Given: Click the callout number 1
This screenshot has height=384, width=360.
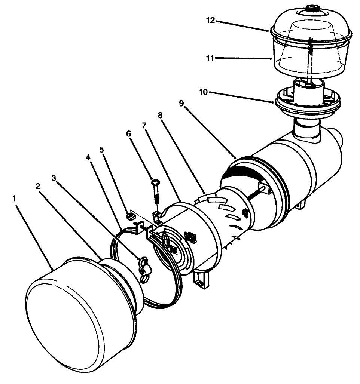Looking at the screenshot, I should (x=15, y=199).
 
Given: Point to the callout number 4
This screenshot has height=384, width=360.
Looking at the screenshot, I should (x=88, y=157).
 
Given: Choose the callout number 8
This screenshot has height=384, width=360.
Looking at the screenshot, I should (x=160, y=116).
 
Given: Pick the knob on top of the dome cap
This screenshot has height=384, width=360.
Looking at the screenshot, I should (x=311, y=8).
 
